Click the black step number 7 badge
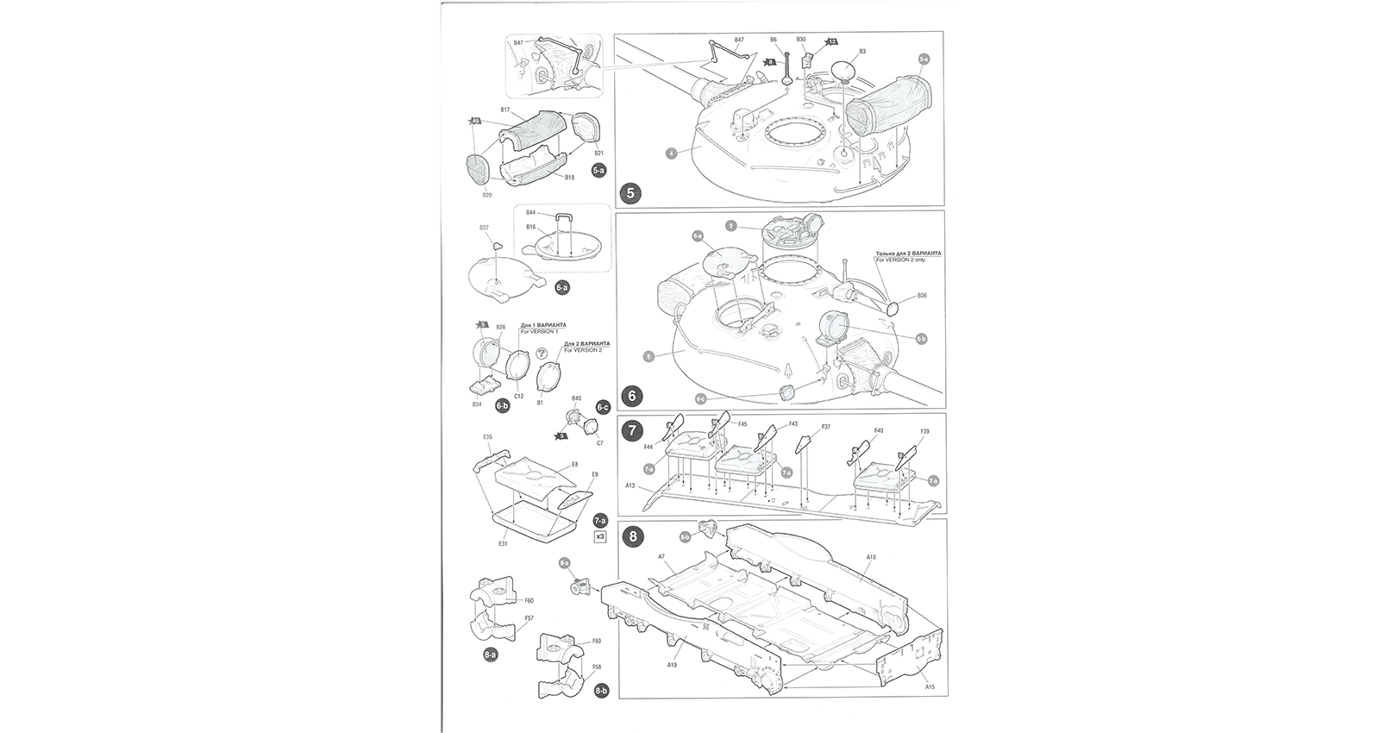632,429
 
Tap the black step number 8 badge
633,536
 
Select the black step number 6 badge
632,396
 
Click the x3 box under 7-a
601,536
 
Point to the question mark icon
541,353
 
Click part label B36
922,296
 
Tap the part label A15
929,687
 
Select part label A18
870,558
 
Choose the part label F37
825,427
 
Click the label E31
502,544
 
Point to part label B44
530,212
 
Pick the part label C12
518,396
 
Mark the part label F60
529,600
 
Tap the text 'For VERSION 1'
539,332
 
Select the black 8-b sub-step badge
601,691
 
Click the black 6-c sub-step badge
603,407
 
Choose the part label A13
630,486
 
